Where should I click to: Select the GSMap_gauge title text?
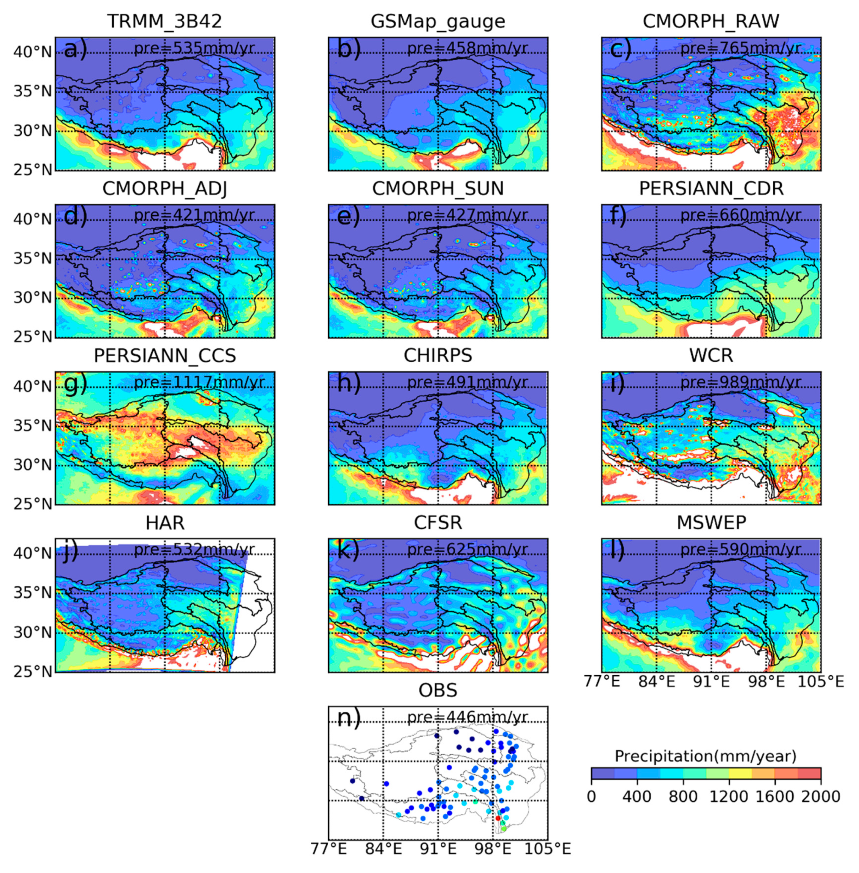click(x=438, y=21)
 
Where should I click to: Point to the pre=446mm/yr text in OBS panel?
click(x=467, y=717)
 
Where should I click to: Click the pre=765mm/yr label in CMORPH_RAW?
click(x=740, y=48)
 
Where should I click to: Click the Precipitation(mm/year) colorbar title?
click(x=705, y=756)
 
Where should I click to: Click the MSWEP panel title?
click(x=711, y=523)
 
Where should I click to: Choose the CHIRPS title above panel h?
click(x=438, y=356)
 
